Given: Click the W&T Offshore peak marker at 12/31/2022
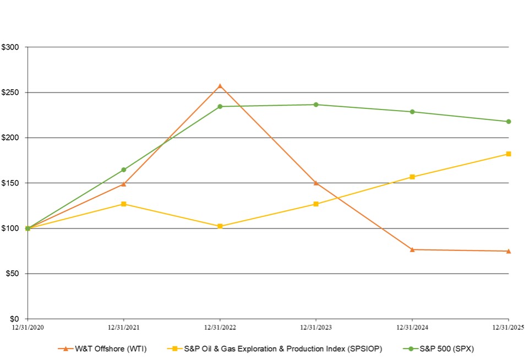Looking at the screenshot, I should click(220, 86).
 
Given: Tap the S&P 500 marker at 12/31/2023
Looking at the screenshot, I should click(316, 105).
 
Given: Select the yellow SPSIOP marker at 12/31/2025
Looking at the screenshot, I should click(508, 154).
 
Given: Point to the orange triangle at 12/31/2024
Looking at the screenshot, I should click(412, 250).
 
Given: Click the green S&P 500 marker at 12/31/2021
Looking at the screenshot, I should click(123, 170).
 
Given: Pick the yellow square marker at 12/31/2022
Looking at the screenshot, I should click(220, 226).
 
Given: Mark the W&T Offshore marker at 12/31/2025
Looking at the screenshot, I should click(508, 251).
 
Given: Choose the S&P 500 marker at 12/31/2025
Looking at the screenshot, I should click(508, 122).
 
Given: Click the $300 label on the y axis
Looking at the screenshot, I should click(10, 47).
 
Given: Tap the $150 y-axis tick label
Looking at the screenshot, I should click(10, 183).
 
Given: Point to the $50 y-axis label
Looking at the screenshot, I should click(12, 274).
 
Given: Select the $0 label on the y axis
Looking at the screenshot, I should click(14, 319).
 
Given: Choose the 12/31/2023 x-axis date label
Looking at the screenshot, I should click(316, 327).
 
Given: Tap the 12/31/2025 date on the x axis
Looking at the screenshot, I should click(507, 327).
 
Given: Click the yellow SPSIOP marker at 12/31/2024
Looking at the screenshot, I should click(412, 177).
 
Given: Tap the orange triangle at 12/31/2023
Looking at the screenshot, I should click(316, 183).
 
